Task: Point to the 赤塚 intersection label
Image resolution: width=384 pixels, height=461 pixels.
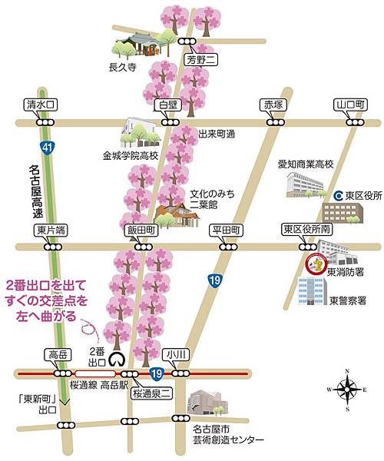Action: click(x=273, y=104)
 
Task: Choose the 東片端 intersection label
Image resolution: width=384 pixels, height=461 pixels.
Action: click(x=51, y=230)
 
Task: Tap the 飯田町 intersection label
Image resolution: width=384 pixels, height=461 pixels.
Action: click(x=142, y=230)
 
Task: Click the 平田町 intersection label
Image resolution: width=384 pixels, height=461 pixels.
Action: click(x=227, y=230)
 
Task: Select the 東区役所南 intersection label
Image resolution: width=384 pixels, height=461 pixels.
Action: click(x=305, y=230)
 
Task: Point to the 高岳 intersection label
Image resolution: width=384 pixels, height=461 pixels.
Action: click(x=58, y=354)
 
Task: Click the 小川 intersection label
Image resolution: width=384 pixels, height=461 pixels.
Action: click(x=178, y=354)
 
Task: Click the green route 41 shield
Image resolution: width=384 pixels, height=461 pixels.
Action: click(x=48, y=145)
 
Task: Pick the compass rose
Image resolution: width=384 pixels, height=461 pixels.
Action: click(x=348, y=388)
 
